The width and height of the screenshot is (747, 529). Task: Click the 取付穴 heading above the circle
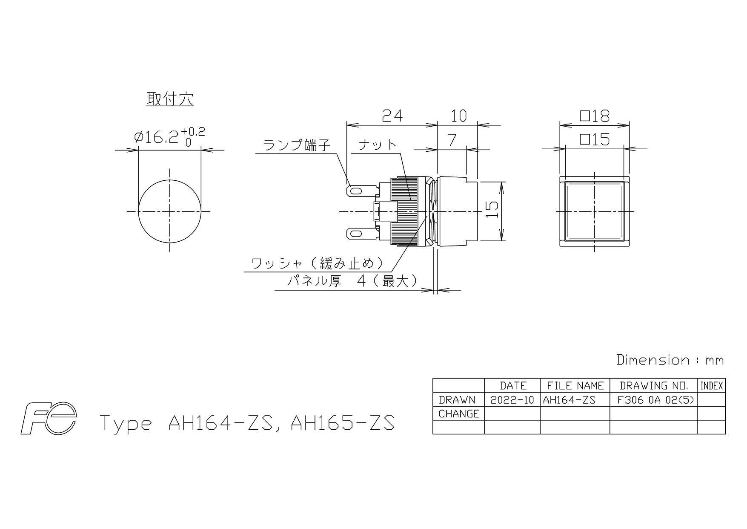170,99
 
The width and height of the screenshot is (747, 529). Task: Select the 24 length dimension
392,115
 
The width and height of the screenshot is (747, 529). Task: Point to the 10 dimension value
458,115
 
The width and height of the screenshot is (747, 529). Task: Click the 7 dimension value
452,139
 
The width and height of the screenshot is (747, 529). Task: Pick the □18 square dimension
595,116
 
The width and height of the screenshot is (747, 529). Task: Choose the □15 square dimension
595,139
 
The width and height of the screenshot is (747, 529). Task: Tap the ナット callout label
377,145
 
